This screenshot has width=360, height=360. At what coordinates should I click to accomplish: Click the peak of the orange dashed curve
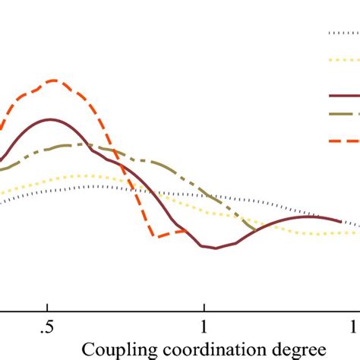click(52, 80)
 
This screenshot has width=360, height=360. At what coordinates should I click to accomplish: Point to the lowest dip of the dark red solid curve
click(216, 248)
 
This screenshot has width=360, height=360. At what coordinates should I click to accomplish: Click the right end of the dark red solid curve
click(340, 221)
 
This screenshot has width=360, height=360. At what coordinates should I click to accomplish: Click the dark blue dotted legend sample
click(343, 33)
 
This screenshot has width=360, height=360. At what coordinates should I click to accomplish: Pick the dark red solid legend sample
click(343, 96)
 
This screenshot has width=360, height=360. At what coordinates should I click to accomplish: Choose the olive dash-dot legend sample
click(343, 114)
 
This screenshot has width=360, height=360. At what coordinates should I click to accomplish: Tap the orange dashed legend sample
click(343, 141)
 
